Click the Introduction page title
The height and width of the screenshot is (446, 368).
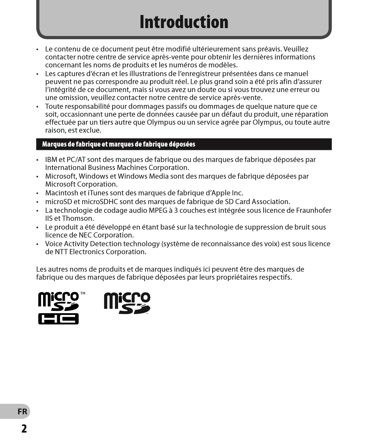(x=184, y=22)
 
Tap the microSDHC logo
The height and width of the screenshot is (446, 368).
(x=59, y=308)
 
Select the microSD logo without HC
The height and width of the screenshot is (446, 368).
(x=127, y=303)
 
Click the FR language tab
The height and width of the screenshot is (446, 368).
(x=22, y=412)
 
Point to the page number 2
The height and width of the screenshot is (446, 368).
(x=24, y=428)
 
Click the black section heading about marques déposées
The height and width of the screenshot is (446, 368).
(x=119, y=144)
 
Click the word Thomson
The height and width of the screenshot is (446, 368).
(x=78, y=219)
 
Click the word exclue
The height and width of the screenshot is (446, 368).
(x=91, y=130)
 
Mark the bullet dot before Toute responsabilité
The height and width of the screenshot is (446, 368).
(x=38, y=107)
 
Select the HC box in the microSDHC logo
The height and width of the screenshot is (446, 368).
(x=58, y=319)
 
